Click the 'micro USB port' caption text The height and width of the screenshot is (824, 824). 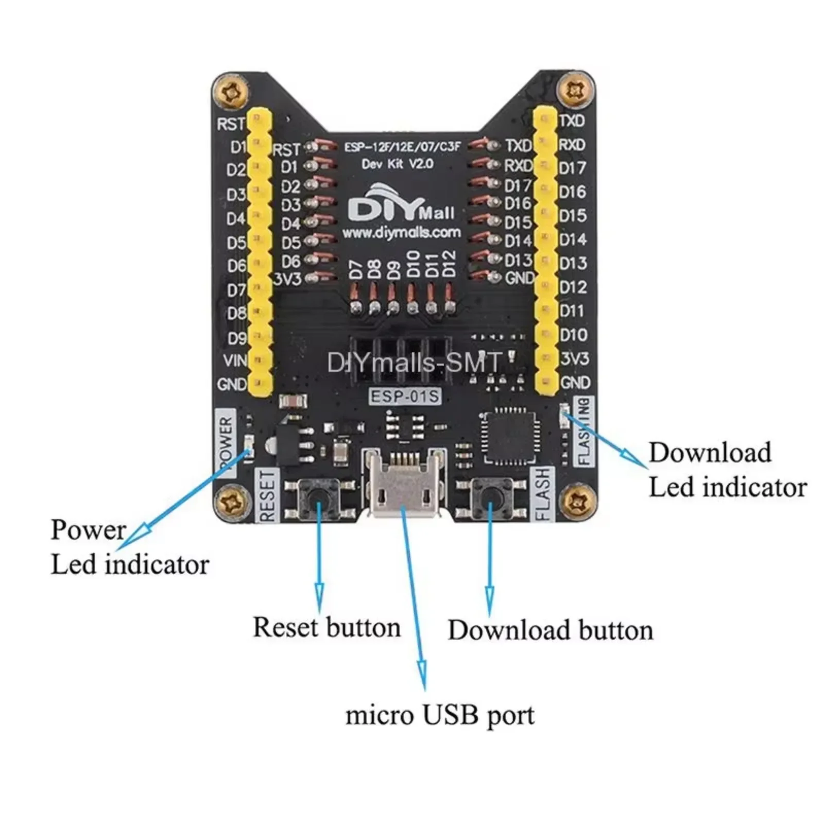point(440,715)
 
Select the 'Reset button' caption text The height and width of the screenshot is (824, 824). point(327,627)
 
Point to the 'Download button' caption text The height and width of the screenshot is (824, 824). point(550,630)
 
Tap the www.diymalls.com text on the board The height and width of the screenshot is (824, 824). point(402,233)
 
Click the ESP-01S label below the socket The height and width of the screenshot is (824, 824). point(405,396)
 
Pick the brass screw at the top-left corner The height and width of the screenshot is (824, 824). point(230,93)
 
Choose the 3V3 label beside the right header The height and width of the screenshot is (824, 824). point(575,358)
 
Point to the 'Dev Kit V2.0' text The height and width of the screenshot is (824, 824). point(397,164)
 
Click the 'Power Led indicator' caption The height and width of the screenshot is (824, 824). point(129,547)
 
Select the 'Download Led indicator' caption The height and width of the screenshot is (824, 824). point(727,470)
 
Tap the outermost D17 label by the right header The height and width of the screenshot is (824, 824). point(573,168)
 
